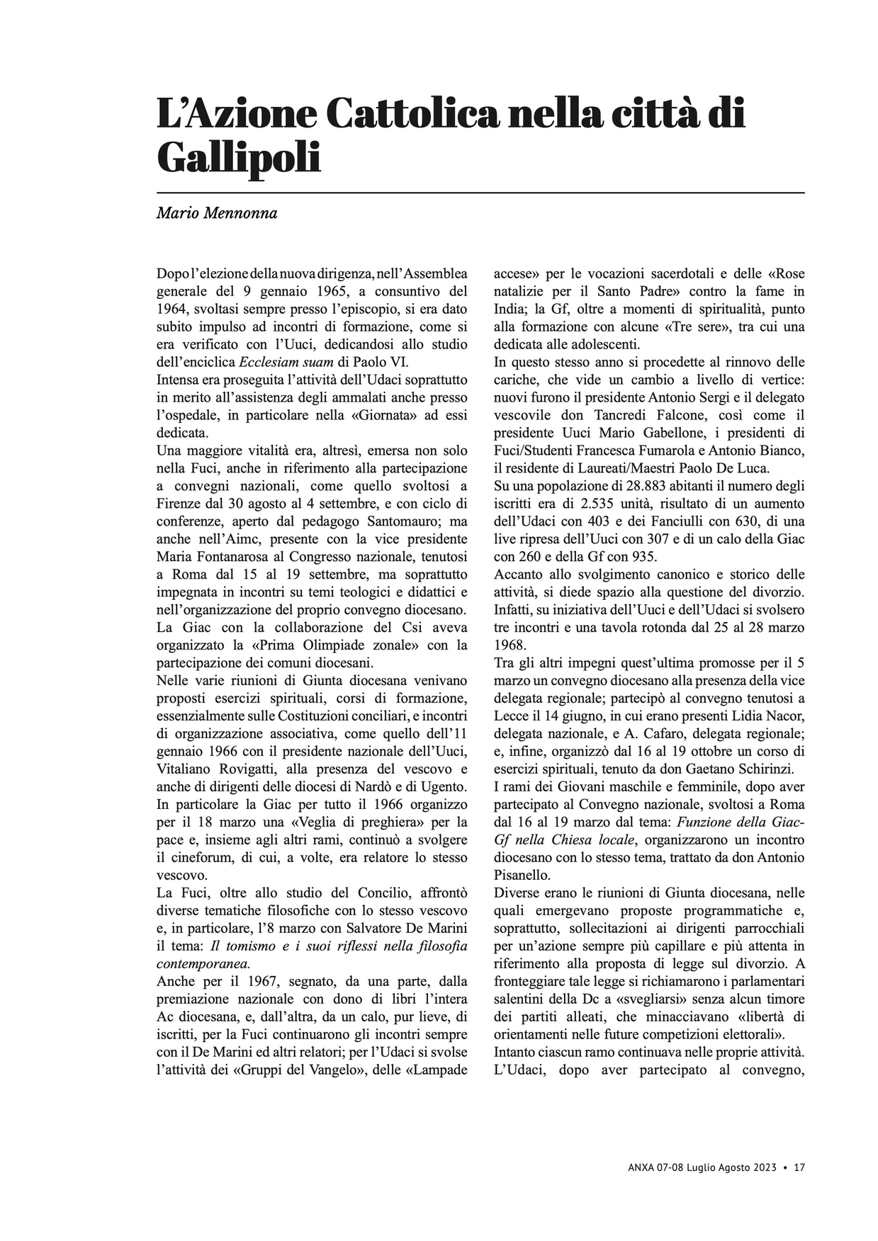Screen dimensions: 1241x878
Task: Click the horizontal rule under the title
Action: tap(480, 192)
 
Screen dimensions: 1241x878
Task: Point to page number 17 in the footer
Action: tap(799, 1167)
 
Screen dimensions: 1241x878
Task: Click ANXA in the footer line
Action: tap(642, 1167)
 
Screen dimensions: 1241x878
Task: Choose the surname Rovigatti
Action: tap(241, 769)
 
